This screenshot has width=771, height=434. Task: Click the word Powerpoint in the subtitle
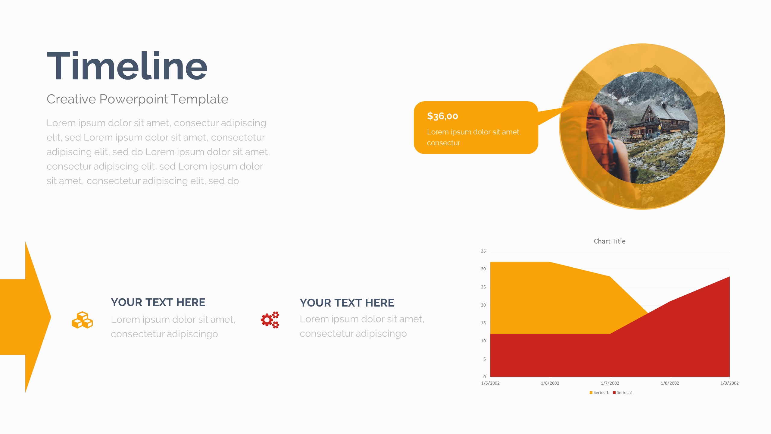point(134,99)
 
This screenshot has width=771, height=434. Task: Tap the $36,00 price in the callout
point(442,116)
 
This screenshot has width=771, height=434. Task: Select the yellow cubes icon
point(82,320)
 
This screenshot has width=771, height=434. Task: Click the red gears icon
point(270,320)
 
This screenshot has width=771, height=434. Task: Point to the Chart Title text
point(610,241)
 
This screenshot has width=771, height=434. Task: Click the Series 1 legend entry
point(599,392)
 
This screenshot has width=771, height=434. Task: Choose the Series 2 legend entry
point(622,392)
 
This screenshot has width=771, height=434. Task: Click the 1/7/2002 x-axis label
point(610,383)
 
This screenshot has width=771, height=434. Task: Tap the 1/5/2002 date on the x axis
point(490,383)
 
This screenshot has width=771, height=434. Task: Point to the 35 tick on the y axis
point(483,251)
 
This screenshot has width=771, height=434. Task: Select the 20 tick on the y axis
point(483,305)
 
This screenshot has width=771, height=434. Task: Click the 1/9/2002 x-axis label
point(729,383)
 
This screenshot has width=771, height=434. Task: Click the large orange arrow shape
point(25,317)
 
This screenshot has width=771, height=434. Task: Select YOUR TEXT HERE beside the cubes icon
point(158,302)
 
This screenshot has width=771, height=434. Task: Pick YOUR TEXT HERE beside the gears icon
point(347,303)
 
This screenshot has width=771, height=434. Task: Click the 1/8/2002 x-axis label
point(670,383)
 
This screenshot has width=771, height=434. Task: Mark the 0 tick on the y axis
point(485,377)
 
